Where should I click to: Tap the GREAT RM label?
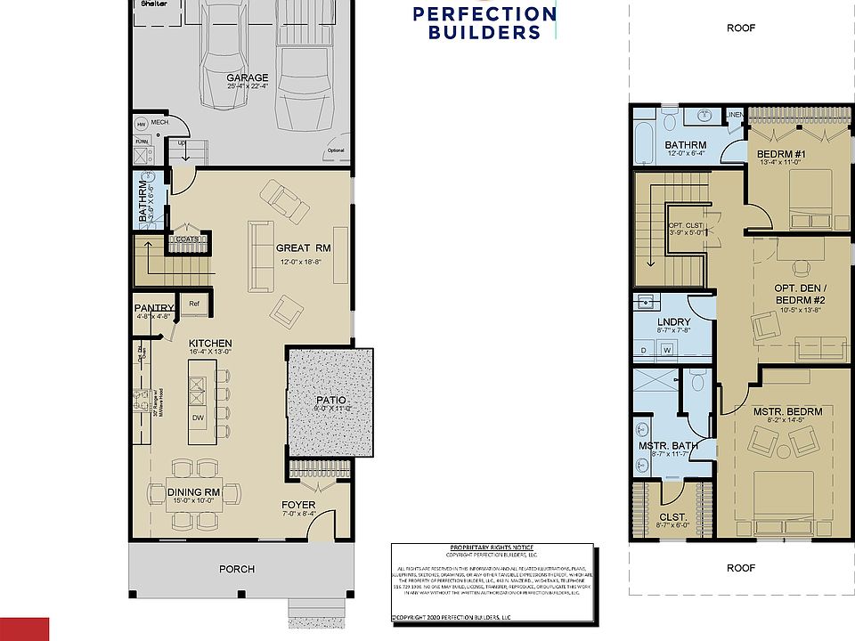303,248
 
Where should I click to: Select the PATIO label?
330,401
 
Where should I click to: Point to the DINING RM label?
193,491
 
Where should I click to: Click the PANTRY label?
154,309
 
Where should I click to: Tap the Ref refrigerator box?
194,304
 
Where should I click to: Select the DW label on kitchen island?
198,418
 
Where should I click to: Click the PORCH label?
237,569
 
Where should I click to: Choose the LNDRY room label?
674,321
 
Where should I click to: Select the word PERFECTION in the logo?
484,14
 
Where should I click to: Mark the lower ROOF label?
740,567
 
